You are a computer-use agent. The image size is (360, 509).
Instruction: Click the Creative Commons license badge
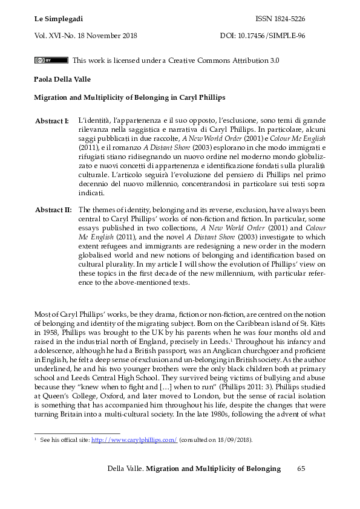click(x=51, y=60)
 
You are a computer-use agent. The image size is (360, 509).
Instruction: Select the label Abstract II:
click(x=53, y=210)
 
